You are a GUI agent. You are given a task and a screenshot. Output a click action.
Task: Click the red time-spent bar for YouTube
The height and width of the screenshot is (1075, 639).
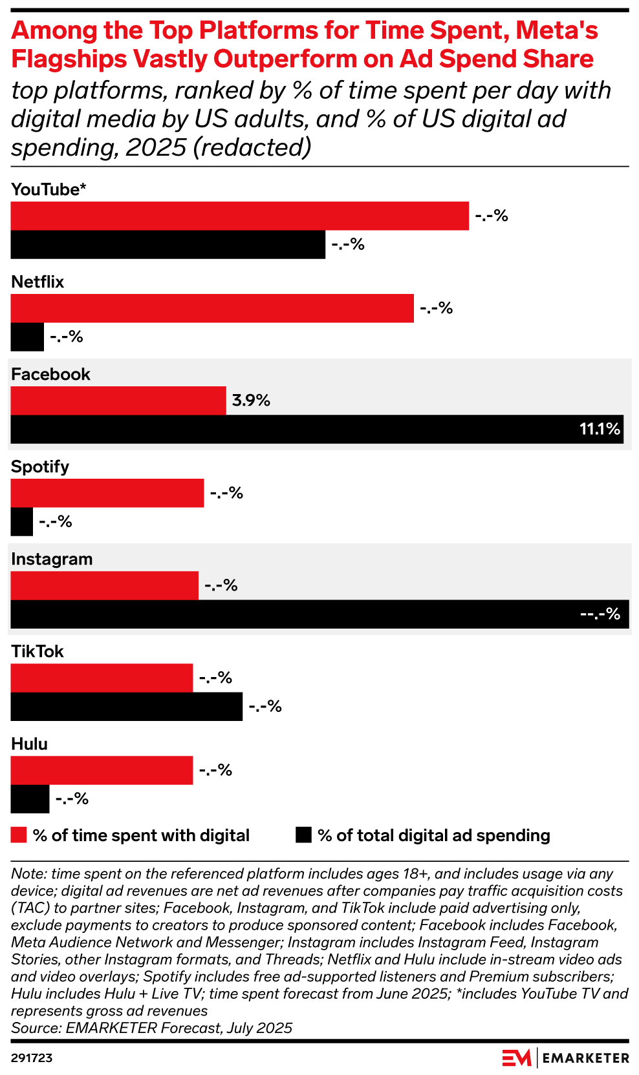(x=239, y=216)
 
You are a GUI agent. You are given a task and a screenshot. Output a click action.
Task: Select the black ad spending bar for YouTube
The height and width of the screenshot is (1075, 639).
(x=168, y=244)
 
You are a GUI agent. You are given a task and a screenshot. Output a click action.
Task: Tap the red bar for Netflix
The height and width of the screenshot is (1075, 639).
(x=212, y=308)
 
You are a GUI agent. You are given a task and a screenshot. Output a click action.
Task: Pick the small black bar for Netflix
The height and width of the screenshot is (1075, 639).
(x=27, y=337)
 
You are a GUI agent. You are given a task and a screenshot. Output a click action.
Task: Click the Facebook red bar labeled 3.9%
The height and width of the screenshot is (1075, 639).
(x=118, y=401)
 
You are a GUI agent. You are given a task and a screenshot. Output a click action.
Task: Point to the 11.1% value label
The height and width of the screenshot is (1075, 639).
(x=600, y=429)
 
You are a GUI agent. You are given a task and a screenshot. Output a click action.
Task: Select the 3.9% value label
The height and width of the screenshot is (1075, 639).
(x=251, y=401)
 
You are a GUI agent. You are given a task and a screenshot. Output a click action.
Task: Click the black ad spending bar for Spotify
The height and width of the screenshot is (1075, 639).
(x=22, y=521)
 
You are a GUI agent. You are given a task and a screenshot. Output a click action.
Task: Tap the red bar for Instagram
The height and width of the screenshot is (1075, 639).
(x=105, y=585)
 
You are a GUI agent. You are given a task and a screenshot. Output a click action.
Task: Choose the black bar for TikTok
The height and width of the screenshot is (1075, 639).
(x=127, y=706)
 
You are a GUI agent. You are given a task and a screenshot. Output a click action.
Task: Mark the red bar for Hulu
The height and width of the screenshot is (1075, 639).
(x=102, y=770)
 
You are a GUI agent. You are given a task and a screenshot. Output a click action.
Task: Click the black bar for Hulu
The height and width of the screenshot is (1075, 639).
(x=30, y=798)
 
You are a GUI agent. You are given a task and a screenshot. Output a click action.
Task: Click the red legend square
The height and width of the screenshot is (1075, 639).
(x=19, y=835)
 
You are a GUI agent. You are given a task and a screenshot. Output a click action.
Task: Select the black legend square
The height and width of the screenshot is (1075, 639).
(x=303, y=835)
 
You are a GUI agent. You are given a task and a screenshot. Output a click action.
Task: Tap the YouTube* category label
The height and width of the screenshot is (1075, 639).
(x=49, y=189)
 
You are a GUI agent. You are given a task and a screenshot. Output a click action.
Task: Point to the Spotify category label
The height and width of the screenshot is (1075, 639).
(x=40, y=466)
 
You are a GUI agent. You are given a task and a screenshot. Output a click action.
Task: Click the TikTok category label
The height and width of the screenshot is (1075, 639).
(x=38, y=651)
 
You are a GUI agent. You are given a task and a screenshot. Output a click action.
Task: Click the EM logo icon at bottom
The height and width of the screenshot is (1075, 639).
(x=516, y=1058)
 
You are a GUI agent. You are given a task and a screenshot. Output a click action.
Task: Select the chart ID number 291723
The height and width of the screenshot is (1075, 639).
(x=32, y=1058)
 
